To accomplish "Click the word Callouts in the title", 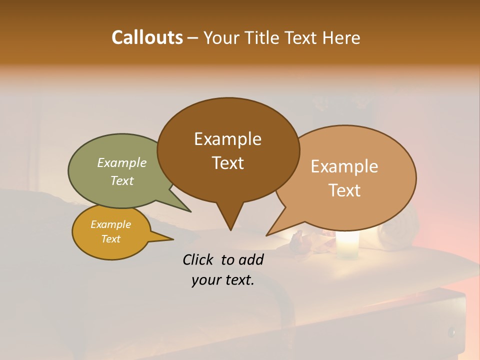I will point(147,37).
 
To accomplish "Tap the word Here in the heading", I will point(340,37).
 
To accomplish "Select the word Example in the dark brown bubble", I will point(227,139).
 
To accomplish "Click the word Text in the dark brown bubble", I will point(227,163).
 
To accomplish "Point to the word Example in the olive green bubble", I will point(122,162).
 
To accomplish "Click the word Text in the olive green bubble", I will point(122,180).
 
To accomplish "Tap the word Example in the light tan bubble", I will point(344,166).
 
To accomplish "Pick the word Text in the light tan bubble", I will point(344,190).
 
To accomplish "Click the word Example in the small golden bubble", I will point(110,224).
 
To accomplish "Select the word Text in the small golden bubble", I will point(110,239).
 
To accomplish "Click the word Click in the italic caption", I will point(199,259).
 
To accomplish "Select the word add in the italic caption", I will point(251,259).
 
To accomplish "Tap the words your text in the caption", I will point(222,280).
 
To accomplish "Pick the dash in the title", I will point(193,37).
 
